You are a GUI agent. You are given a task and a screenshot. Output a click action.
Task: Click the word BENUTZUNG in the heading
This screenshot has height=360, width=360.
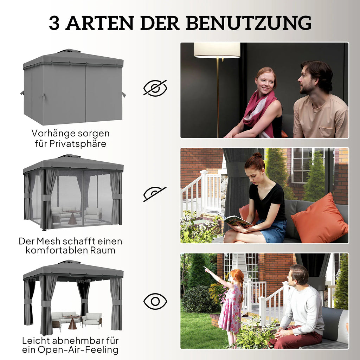[249, 23]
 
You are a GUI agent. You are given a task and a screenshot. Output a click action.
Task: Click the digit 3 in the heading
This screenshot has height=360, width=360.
[54, 23]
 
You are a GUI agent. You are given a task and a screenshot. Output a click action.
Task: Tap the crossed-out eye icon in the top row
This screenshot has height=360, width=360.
[155, 88]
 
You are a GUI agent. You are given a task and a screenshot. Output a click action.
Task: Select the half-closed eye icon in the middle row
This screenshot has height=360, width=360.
[155, 194]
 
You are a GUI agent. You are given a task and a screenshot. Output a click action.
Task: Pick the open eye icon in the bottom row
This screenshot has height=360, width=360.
[155, 301]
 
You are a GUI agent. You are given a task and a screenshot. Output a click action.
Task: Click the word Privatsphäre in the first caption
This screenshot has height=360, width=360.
[78, 144]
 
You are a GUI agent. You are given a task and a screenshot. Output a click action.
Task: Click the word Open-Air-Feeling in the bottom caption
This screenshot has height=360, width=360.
[78, 350]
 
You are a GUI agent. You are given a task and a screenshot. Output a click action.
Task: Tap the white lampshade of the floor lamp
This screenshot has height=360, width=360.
[217, 50]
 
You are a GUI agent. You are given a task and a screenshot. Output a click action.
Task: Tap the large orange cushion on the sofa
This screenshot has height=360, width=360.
[320, 219]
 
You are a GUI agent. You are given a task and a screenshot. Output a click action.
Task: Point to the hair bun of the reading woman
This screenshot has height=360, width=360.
[257, 155]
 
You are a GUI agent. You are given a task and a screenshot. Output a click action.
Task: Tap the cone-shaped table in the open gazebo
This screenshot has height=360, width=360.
[72, 323]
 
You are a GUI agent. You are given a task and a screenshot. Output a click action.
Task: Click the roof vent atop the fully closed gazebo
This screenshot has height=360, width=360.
[69, 51]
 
